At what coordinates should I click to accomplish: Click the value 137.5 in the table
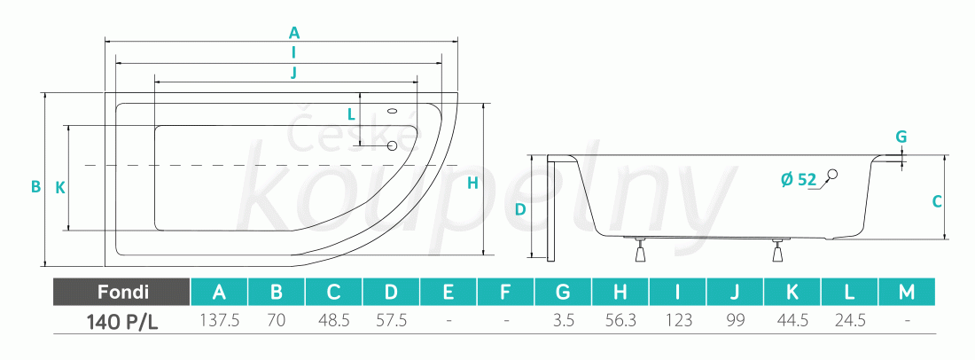[219, 321]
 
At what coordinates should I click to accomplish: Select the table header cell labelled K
[792, 292]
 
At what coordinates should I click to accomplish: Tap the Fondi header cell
[122, 292]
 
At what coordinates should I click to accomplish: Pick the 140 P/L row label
[122, 322]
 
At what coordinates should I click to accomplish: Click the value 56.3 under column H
[620, 321]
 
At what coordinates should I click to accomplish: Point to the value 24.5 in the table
[849, 321]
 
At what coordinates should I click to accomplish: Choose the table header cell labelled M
[907, 292]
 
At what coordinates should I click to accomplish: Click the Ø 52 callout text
[798, 180]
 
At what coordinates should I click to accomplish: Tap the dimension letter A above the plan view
[294, 32]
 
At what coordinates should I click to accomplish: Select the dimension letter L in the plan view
[351, 113]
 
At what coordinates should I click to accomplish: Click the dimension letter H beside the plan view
[472, 183]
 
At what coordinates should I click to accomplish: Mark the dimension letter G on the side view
[901, 137]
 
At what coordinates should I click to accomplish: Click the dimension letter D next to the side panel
[521, 209]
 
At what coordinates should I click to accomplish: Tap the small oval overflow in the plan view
[393, 112]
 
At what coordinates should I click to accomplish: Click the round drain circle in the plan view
[392, 145]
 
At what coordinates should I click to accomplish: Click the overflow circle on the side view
[832, 175]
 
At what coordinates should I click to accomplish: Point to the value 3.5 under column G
[564, 321]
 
